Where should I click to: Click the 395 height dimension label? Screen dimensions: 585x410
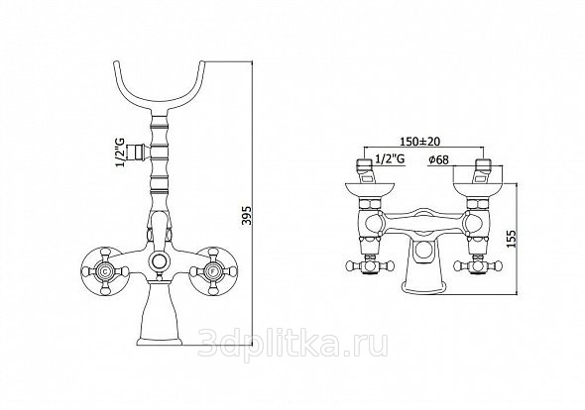click(x=247, y=216)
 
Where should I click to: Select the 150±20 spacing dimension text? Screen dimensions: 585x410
click(x=420, y=142)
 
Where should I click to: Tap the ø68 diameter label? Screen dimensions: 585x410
click(x=438, y=160)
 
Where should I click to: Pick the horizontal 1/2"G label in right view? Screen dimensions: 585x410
click(x=390, y=159)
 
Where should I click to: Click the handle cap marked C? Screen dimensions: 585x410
click(x=105, y=270)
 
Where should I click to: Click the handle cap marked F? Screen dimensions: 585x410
click(x=213, y=270)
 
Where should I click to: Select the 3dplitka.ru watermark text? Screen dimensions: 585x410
click(x=293, y=344)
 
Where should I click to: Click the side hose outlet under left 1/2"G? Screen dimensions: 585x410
click(x=138, y=153)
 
